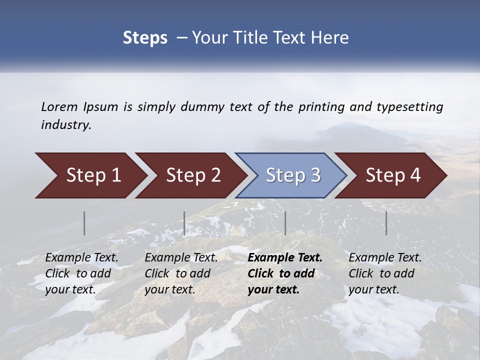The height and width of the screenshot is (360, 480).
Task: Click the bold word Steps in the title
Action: pyautogui.click(x=145, y=38)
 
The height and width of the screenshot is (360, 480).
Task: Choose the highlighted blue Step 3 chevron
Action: pyautogui.click(x=293, y=175)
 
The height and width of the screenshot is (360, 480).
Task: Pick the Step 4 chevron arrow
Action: pyautogui.click(x=393, y=175)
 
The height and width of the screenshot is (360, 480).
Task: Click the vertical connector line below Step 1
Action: pyautogui.click(x=84, y=223)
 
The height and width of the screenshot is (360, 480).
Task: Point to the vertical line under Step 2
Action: pyautogui.click(x=184, y=223)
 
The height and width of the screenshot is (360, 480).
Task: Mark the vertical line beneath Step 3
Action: pyautogui.click(x=285, y=223)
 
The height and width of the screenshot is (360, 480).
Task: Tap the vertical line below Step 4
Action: pyautogui.click(x=386, y=223)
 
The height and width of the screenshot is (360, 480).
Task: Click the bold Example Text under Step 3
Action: pyautogui.click(x=285, y=258)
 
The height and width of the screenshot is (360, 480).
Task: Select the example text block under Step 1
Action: pyautogui.click(x=81, y=273)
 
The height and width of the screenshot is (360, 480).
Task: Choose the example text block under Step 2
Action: pyautogui.click(x=181, y=273)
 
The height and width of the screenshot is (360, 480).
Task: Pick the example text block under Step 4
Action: pyautogui.click(x=385, y=273)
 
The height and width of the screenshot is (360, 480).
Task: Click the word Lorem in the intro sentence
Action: pyautogui.click(x=59, y=106)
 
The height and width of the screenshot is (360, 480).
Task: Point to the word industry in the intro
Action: pyautogui.click(x=66, y=125)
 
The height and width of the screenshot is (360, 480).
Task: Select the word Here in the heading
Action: pyautogui.click(x=330, y=38)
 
